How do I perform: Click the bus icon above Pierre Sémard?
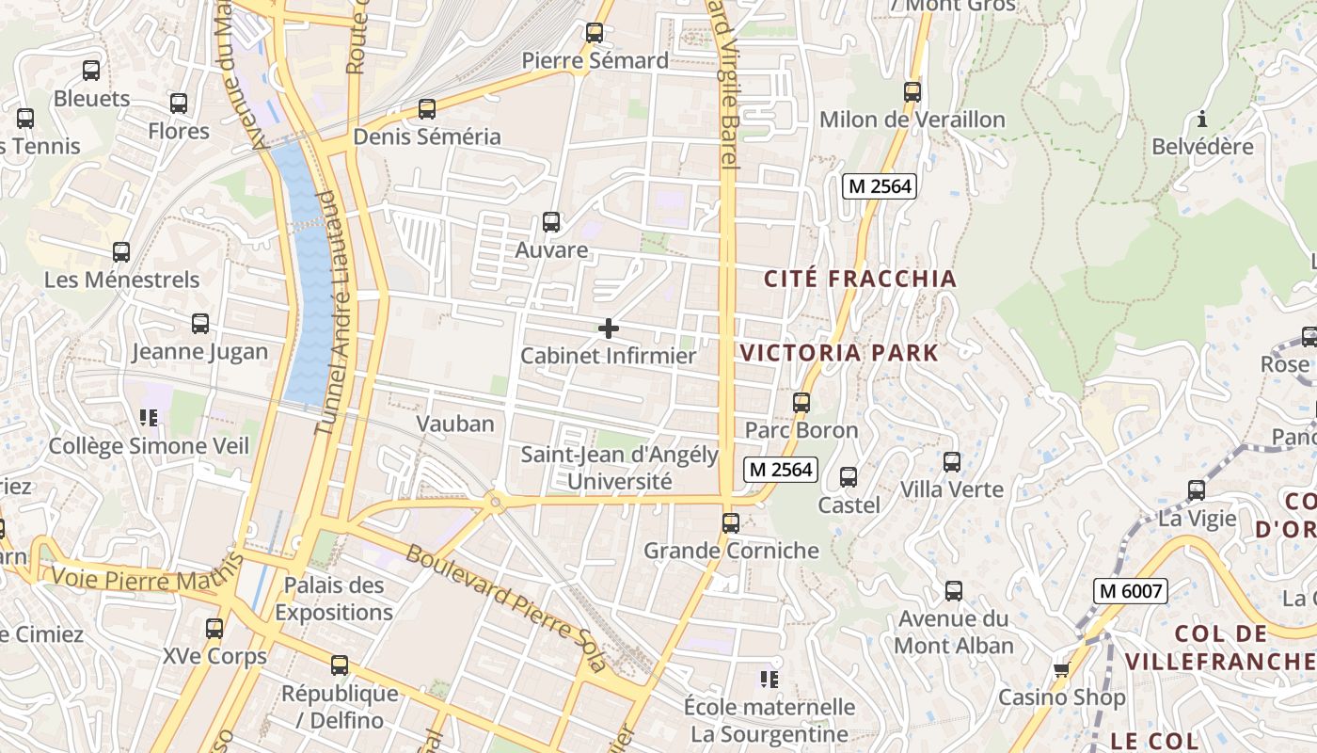pyautogui.click(x=595, y=33)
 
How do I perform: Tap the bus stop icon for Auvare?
pyautogui.click(x=551, y=223)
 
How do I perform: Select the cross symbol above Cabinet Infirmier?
pyautogui.click(x=609, y=328)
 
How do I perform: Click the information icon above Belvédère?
pyautogui.click(x=1201, y=120)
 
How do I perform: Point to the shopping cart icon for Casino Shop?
pyautogui.click(x=1062, y=669)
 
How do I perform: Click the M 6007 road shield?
pyautogui.click(x=1130, y=591)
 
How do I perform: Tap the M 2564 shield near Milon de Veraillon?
pyautogui.click(x=879, y=186)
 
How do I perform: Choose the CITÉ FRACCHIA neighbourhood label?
pyautogui.click(x=860, y=279)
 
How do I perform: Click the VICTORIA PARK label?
pyautogui.click(x=839, y=354)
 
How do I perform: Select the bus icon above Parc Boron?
pyautogui.click(x=801, y=403)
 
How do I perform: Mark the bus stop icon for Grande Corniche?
pyautogui.click(x=731, y=523)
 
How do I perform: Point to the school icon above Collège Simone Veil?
pyautogui.click(x=149, y=417)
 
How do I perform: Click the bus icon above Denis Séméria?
pyautogui.click(x=427, y=109)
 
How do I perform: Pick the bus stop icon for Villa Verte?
pyautogui.click(x=952, y=462)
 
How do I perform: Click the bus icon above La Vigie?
pyautogui.click(x=1197, y=490)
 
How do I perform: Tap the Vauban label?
pyautogui.click(x=455, y=424)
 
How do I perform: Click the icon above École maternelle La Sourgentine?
pyautogui.click(x=770, y=679)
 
